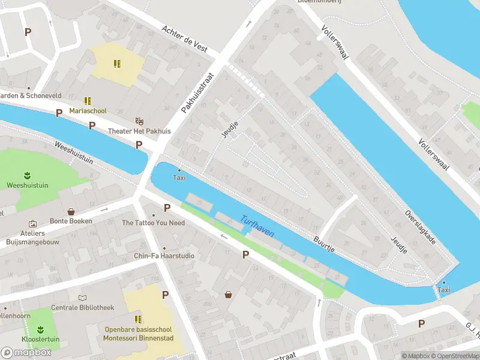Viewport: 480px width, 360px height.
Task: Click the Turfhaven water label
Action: coord(257,225)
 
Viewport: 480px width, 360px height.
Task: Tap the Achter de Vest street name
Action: coord(185,38)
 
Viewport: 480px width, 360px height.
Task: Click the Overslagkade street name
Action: coord(420,227)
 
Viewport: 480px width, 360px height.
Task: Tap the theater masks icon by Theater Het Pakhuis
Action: coord(140,121)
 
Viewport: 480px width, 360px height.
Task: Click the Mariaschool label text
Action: coord(88,111)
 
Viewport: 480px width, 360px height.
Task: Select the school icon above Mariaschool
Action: coord(88,101)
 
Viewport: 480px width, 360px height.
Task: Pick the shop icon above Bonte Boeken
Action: coord(71,211)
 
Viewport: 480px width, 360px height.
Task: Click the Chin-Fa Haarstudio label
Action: coord(164,256)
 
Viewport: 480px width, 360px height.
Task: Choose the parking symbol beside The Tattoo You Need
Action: coord(167,208)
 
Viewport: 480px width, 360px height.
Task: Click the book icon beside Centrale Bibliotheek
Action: coord(82,298)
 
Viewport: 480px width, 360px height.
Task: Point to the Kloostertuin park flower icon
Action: coord(41,329)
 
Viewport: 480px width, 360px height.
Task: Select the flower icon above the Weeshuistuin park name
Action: coord(27,175)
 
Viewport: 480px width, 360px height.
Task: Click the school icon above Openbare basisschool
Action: coord(139,319)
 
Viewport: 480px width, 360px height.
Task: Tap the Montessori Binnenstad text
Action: coord(138,338)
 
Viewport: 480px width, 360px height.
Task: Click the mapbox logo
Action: coord(26,352)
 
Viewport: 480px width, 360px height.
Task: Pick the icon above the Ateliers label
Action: coord(32,223)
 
